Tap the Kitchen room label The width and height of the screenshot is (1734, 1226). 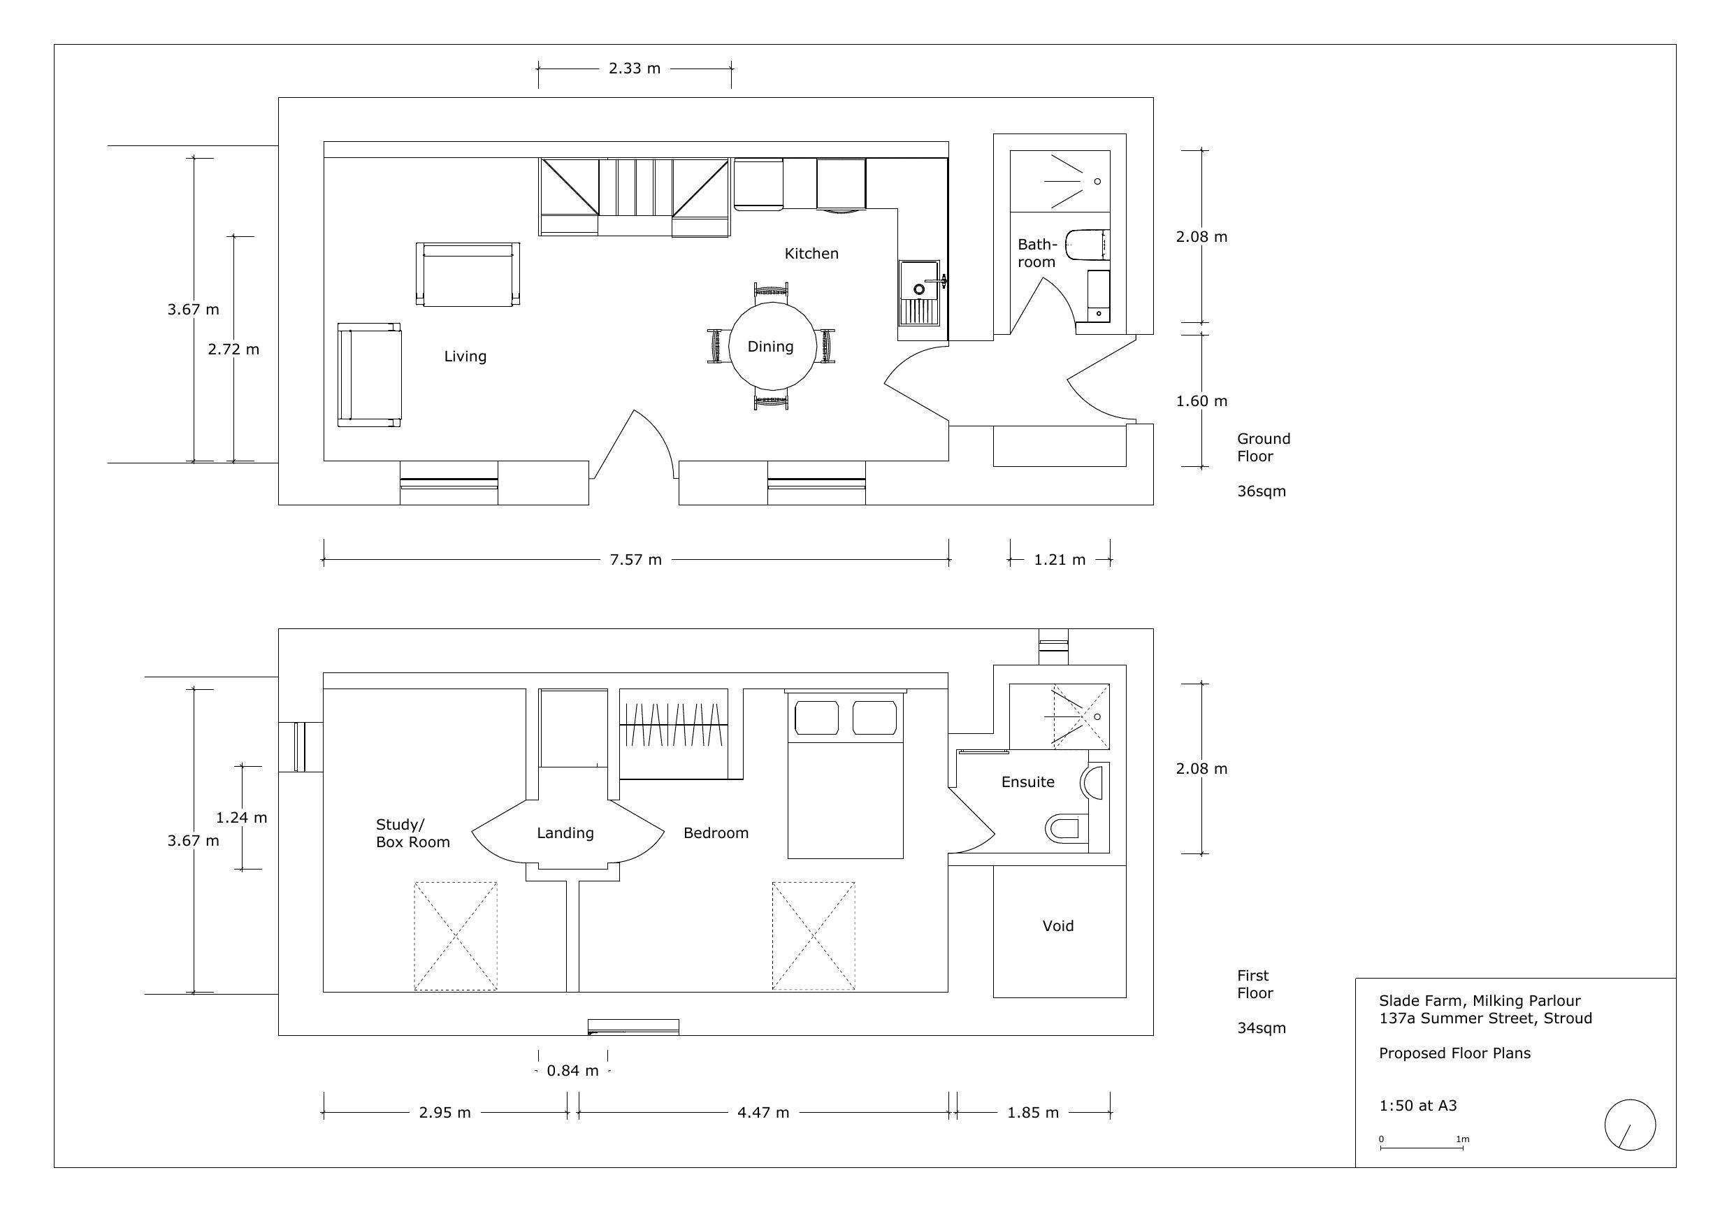point(811,254)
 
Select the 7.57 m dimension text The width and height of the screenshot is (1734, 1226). point(635,560)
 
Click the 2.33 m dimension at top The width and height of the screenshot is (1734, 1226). point(635,68)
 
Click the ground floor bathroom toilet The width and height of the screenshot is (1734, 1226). point(1085,244)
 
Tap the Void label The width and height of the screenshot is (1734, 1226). point(1057,926)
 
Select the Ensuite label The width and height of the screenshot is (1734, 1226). point(1027,783)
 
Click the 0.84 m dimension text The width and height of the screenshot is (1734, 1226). point(572,1071)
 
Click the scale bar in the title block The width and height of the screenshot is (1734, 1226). point(1422,1148)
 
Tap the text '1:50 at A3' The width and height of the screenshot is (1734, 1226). point(1417,1106)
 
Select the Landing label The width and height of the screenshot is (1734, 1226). point(565,833)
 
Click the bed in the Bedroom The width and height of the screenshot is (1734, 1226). point(845,786)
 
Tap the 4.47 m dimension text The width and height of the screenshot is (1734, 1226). point(763,1113)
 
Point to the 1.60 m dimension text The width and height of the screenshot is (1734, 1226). point(1201,401)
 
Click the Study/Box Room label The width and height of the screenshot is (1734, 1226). point(412,833)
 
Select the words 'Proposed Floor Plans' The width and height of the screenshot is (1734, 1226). point(1454,1054)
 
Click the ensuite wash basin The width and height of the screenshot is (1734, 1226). point(1094,782)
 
